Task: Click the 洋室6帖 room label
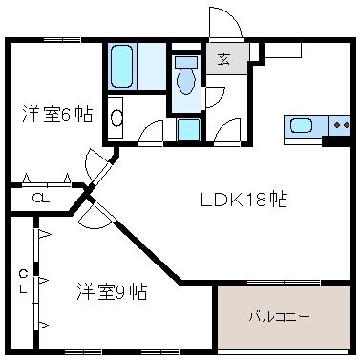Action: (58, 115)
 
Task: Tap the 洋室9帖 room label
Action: (112, 291)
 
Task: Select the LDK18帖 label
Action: (244, 201)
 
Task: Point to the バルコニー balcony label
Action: (279, 317)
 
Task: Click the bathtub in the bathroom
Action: (121, 65)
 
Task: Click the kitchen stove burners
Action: (338, 125)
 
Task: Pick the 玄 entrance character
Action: (223, 59)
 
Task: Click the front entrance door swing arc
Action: (225, 23)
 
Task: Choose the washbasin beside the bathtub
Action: (116, 117)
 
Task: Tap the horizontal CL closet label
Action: (39, 199)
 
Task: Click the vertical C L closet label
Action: (21, 281)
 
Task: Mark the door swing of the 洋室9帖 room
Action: (93, 216)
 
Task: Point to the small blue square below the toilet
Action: (188, 130)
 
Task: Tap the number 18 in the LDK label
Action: (257, 201)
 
